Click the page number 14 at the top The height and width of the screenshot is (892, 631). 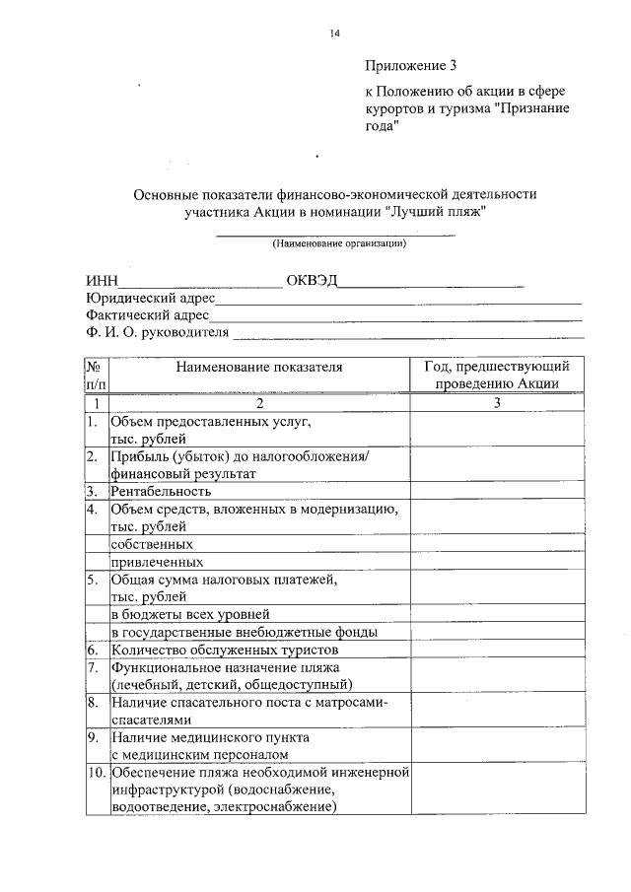click(335, 34)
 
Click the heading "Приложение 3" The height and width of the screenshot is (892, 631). click(411, 67)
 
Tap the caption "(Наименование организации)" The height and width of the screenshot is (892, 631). click(339, 242)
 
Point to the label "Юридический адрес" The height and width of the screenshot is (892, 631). click(149, 298)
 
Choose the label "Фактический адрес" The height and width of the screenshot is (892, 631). click(147, 315)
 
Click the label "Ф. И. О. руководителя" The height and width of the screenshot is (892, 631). click(157, 333)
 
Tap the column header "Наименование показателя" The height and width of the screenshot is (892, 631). click(259, 367)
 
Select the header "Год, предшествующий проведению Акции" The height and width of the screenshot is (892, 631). click(497, 376)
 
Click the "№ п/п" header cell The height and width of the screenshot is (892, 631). click(97, 376)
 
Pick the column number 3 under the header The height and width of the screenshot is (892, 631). click(497, 403)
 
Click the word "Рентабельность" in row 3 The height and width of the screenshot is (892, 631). click(162, 491)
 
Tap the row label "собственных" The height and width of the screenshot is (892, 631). click(151, 544)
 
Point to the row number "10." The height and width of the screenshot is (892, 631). click(96, 772)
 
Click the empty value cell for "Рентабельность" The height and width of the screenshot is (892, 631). click(497, 491)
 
